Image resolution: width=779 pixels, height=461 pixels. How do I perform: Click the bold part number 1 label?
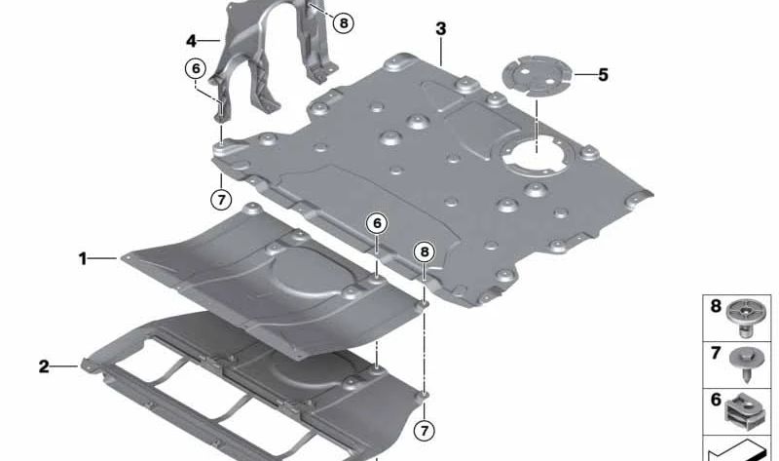click(83, 258)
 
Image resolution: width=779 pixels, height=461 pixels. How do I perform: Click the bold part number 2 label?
click(44, 367)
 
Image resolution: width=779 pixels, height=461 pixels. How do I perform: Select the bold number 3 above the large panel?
click(441, 29)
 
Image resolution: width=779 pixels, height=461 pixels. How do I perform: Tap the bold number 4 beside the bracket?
click(192, 41)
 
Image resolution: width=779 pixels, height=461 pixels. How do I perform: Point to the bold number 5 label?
click(603, 75)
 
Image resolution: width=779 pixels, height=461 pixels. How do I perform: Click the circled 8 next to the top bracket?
click(344, 22)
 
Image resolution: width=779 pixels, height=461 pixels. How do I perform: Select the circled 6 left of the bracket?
click(196, 68)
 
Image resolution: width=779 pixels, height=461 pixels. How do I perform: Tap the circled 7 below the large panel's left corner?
click(221, 200)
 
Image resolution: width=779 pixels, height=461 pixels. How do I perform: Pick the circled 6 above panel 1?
click(377, 224)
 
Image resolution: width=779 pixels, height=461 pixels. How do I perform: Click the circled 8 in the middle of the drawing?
click(425, 252)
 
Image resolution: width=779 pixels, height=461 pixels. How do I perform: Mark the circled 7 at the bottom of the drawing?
click(424, 430)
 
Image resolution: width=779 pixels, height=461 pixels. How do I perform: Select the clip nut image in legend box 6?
click(744, 410)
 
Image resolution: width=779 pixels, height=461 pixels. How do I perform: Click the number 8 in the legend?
click(716, 306)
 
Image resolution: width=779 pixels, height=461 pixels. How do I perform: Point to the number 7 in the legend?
click(716, 353)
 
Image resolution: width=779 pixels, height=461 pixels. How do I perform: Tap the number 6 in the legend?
click(716, 400)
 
